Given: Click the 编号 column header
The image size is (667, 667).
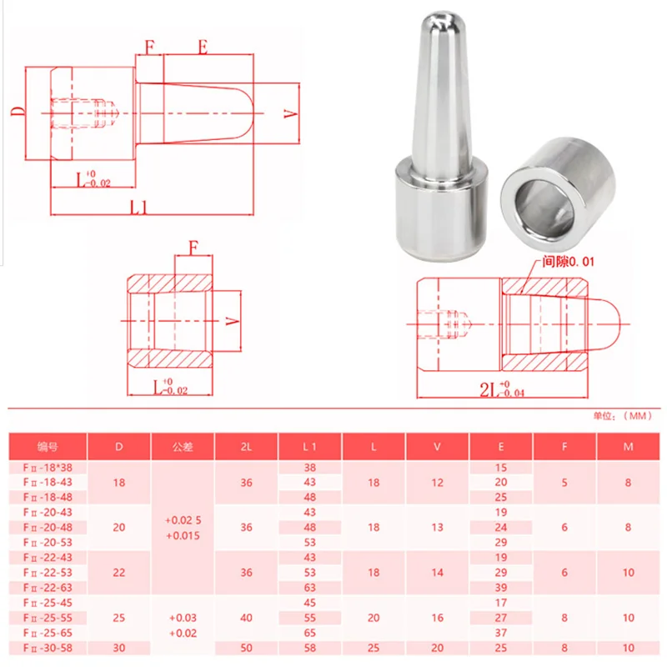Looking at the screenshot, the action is [x=48, y=447].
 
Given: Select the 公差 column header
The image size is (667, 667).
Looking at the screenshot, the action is [x=183, y=447].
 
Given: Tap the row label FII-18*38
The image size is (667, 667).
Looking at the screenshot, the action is [x=48, y=468].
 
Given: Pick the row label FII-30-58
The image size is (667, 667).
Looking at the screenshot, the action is [x=48, y=648].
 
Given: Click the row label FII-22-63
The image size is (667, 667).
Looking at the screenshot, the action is [x=48, y=588].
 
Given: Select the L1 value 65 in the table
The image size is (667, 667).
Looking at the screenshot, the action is [x=309, y=633].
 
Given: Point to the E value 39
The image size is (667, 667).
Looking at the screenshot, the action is [x=501, y=588].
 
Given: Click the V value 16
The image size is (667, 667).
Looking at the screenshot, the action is [x=437, y=618].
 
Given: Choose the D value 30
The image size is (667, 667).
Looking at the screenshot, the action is [x=119, y=648].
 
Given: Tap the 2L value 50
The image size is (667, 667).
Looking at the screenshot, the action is [x=246, y=648].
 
